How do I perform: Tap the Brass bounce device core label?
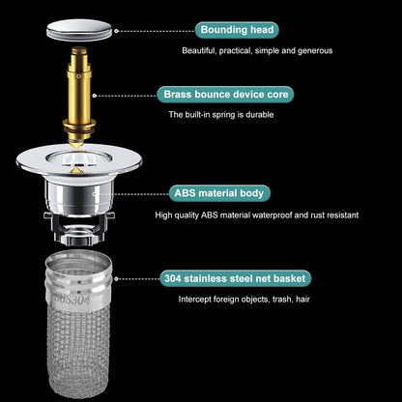click(226, 95)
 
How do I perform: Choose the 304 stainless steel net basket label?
click(235, 278)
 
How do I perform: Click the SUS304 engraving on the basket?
click(66, 296)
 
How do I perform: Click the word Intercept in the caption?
click(195, 300)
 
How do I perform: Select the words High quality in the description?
click(175, 215)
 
